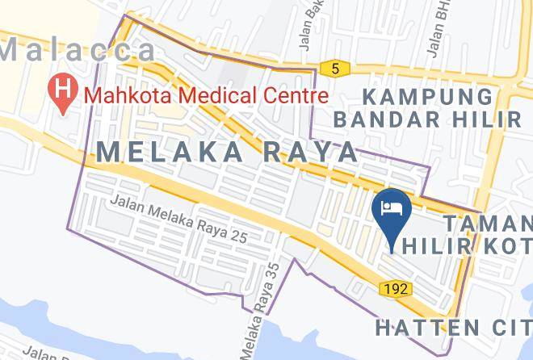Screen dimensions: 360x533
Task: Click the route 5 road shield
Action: [334, 69]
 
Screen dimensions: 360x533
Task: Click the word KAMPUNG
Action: [427, 97]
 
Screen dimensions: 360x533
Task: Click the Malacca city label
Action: [78, 50]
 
